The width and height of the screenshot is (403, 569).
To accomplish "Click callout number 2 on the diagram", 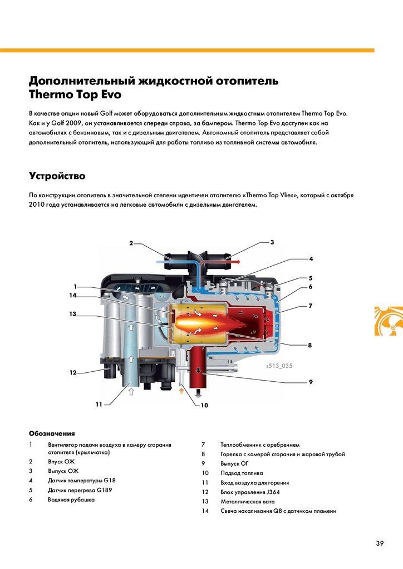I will click(x=131, y=243).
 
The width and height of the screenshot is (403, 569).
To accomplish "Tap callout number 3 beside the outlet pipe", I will click(x=272, y=242).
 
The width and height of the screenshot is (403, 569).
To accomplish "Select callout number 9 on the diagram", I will click(x=310, y=382).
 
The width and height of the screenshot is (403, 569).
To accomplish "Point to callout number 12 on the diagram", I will click(x=72, y=372).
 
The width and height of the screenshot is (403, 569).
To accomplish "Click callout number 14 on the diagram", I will click(x=72, y=296).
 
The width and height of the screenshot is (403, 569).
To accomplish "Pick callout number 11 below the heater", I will click(x=99, y=405).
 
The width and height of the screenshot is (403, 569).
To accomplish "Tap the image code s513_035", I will click(x=279, y=366).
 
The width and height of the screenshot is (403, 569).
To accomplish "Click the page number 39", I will click(x=380, y=543).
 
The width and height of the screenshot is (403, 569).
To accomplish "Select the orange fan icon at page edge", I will click(x=388, y=321).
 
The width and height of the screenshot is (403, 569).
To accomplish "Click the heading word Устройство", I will click(x=57, y=176).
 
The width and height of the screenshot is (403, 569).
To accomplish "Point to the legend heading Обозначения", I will click(x=51, y=433).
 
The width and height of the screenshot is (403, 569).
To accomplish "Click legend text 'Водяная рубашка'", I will click(x=71, y=500).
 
